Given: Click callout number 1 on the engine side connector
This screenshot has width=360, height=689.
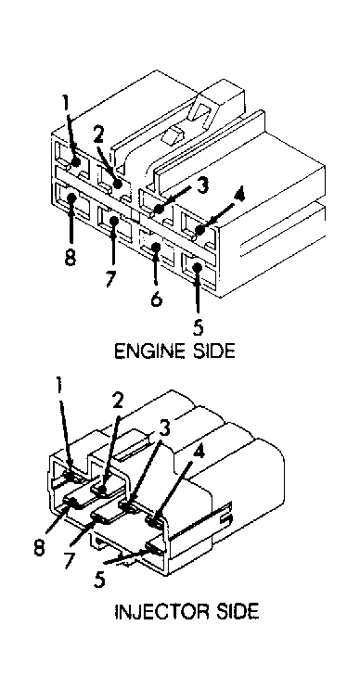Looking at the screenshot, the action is point(65,104).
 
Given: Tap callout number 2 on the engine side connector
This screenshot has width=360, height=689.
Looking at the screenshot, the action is point(98,135).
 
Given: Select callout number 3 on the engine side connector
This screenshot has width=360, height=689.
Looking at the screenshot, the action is point(201,185).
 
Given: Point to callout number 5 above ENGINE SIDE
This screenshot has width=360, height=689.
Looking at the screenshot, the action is point(199,328).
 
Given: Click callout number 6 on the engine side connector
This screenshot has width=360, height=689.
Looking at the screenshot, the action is point(156,300).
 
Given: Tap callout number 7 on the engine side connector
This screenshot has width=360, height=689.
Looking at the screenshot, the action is point(112,278).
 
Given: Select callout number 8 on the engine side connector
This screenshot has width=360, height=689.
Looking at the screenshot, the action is point(70,257).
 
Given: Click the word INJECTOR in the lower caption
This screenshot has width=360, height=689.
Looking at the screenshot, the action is point(159,612).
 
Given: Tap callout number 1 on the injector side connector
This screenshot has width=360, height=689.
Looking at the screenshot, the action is point(58,386).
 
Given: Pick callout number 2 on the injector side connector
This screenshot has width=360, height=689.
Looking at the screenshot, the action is point(117,400).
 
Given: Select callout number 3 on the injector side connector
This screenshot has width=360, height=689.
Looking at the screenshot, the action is point(164,427).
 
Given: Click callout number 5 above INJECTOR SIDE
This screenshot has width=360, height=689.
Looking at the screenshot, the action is point(99,580).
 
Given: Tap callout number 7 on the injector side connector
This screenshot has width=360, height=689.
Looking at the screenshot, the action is point(70,560).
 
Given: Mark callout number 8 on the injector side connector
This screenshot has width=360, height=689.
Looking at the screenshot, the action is point(40,549).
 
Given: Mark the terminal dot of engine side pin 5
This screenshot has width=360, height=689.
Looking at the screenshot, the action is point(197,266).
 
